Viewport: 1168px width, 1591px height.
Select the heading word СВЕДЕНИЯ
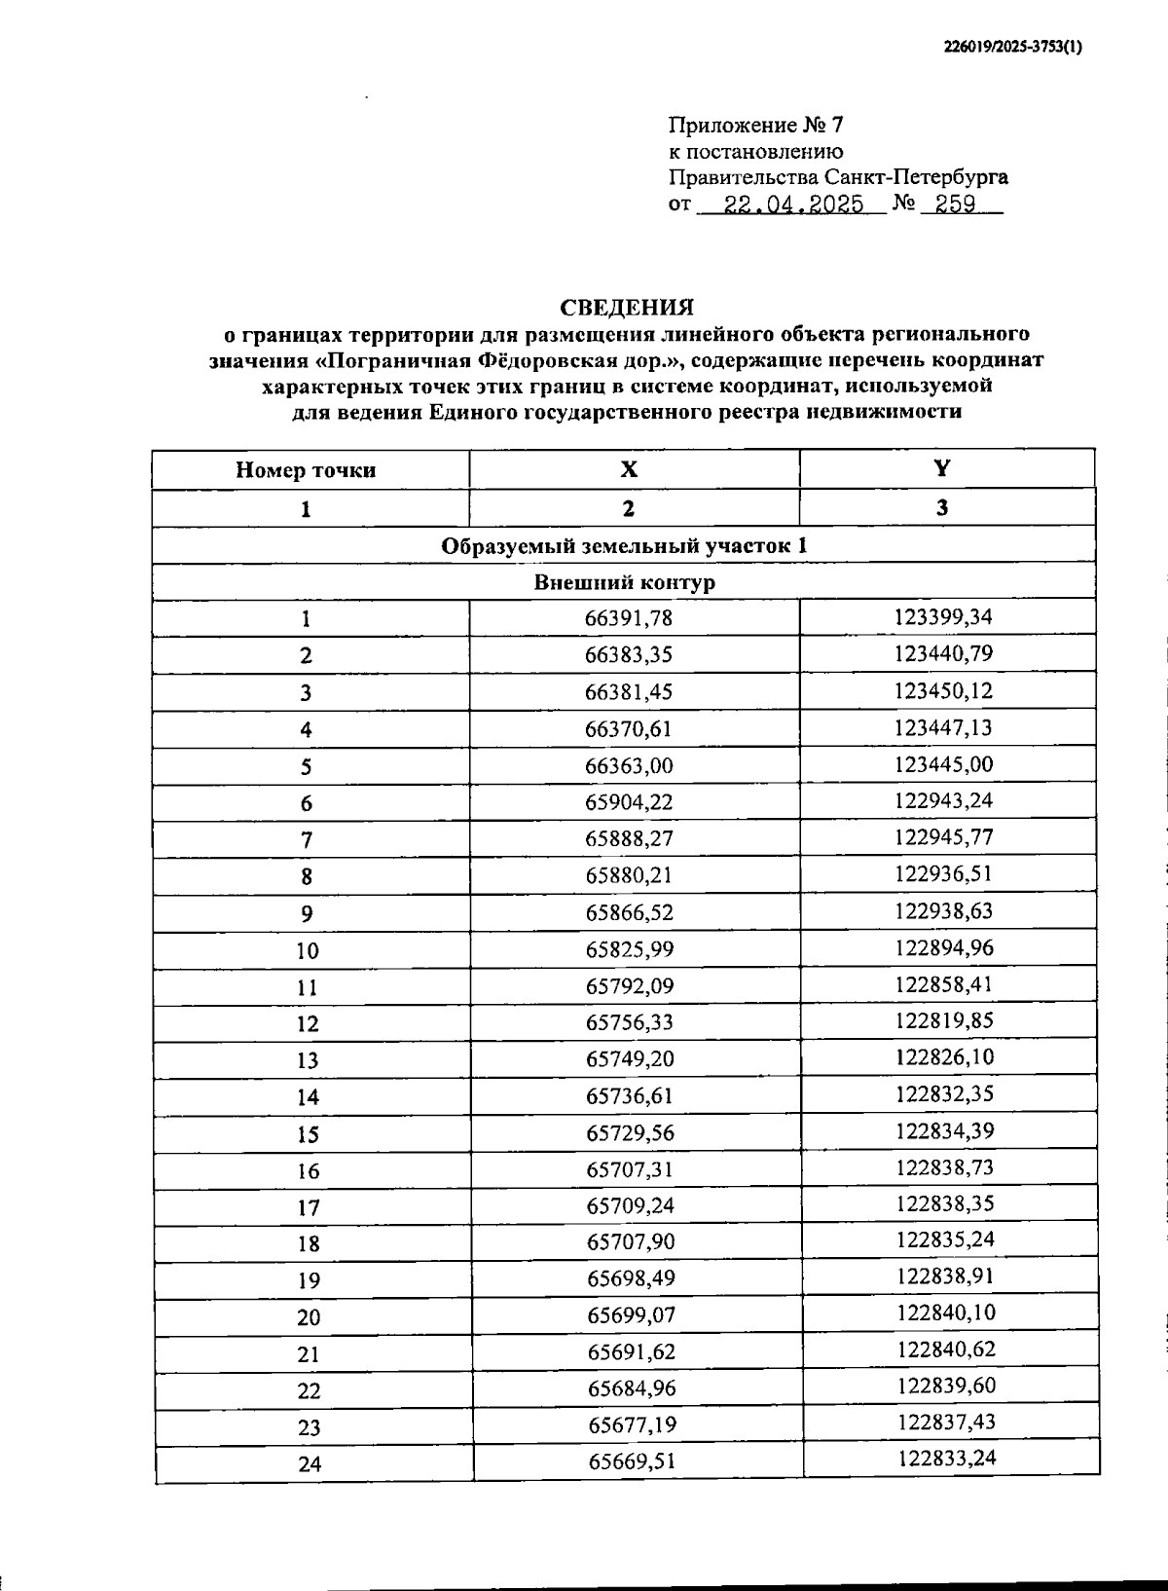click(x=627, y=308)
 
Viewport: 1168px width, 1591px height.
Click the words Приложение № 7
click(x=756, y=126)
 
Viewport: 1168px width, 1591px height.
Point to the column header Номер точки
click(x=306, y=470)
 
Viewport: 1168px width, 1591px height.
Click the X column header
click(x=630, y=469)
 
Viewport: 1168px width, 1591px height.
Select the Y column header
click(x=941, y=468)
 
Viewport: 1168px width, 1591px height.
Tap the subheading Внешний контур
click(x=624, y=582)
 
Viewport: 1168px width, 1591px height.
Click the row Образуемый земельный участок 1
click(x=624, y=545)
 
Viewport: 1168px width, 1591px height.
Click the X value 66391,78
click(x=629, y=618)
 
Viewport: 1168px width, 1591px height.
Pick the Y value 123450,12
click(x=943, y=691)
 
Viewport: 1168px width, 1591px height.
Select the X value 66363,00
click(x=629, y=765)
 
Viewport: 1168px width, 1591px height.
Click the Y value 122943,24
click(x=943, y=801)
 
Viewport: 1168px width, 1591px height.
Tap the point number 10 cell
click(x=308, y=951)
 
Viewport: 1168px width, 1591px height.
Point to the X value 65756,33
click(x=629, y=1022)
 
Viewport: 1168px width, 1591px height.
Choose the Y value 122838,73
click(x=944, y=1168)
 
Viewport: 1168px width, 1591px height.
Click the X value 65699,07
click(x=631, y=1315)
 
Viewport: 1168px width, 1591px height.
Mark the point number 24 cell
click(x=310, y=1463)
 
